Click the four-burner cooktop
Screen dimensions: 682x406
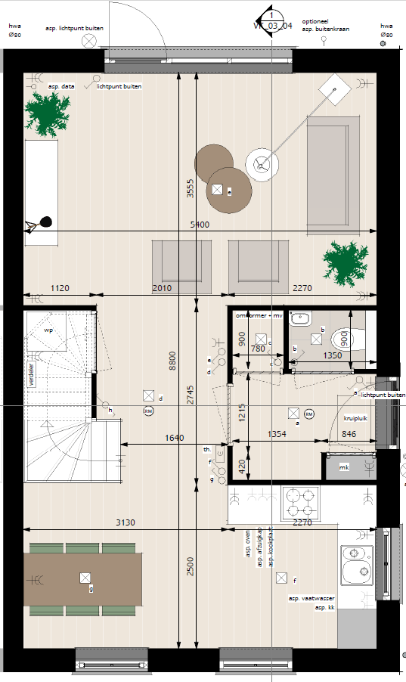tap(302, 501)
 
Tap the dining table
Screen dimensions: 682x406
tap(83, 579)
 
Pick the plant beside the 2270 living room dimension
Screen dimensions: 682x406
tap(349, 262)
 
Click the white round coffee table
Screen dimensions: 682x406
tap(262, 164)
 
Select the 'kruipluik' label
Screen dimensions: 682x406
tap(355, 417)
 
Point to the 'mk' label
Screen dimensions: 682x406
tap(344, 468)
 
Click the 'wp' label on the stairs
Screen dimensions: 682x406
tap(48, 331)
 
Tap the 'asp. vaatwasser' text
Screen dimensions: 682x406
tap(311, 599)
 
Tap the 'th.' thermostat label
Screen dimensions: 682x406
tap(206, 449)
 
